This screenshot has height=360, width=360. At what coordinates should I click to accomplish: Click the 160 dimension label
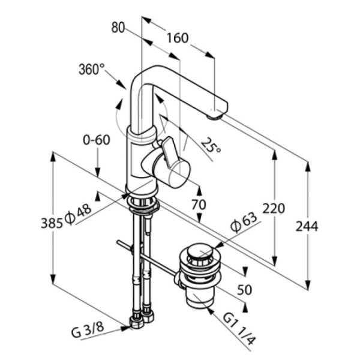[x=177, y=38]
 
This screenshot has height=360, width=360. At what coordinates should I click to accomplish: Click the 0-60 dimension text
[x=97, y=140]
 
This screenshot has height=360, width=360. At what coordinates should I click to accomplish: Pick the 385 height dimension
[x=52, y=223]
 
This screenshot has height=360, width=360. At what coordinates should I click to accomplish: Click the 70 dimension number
[x=199, y=204]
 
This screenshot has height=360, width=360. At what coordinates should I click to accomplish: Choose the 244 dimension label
[x=307, y=226]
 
